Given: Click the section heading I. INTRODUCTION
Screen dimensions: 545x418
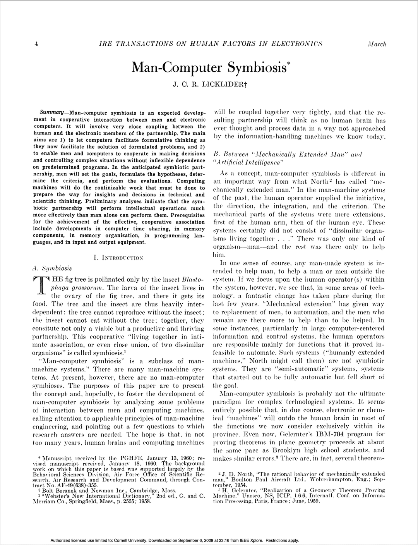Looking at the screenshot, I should click(x=118, y=257).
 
